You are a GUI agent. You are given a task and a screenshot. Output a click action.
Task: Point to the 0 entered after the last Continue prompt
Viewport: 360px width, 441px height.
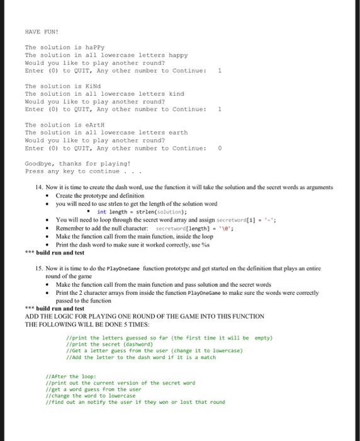pyautogui.click(x=218, y=149)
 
